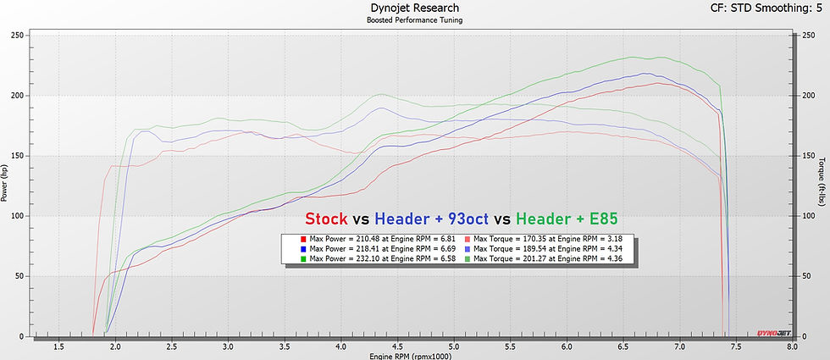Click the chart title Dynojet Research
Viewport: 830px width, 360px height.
pyautogui.click(x=414, y=8)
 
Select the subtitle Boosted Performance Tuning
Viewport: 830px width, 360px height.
pyautogui.click(x=414, y=20)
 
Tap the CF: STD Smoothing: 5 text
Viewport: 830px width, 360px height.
pyautogui.click(x=765, y=8)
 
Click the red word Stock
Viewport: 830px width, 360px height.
pyautogui.click(x=326, y=219)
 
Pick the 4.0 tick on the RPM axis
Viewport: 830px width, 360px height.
pyautogui.click(x=341, y=346)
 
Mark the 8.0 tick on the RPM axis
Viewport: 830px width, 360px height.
pyautogui.click(x=792, y=346)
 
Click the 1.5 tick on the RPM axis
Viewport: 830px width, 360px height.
pyautogui.click(x=59, y=346)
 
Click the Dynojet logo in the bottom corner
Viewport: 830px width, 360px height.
pyautogui.click(x=771, y=337)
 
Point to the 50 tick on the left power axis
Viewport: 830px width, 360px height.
pyautogui.click(x=19, y=276)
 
